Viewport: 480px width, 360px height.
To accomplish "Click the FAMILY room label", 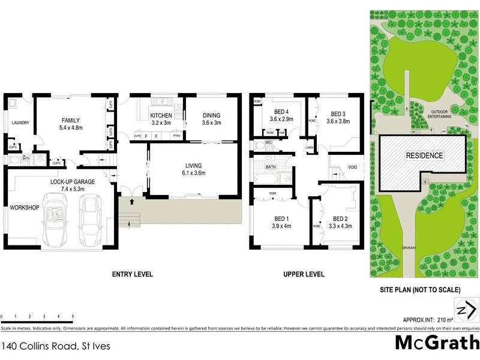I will click(x=70, y=120).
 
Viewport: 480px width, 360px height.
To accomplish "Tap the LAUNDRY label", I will click(x=20, y=124).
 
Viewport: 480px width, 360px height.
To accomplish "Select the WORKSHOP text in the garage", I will click(x=24, y=208).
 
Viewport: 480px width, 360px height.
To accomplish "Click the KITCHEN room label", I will click(x=161, y=115).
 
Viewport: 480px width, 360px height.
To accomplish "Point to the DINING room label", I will click(x=211, y=115).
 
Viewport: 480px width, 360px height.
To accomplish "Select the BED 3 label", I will click(x=338, y=113).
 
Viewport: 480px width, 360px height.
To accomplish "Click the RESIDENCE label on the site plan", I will click(x=424, y=156).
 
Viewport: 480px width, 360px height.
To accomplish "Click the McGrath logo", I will click(x=437, y=343).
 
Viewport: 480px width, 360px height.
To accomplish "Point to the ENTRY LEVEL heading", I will click(x=133, y=274).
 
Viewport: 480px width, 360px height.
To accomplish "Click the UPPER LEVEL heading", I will click(x=304, y=274).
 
